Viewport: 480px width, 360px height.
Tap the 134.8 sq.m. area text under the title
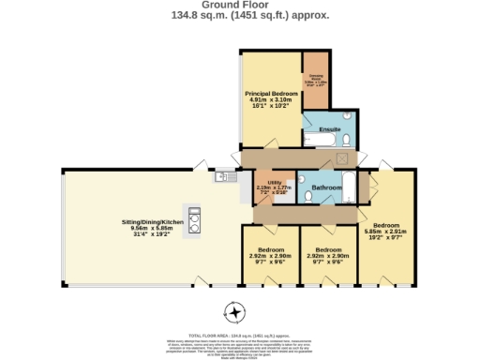(x=198, y=15)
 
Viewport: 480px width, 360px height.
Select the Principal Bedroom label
(x=271, y=95)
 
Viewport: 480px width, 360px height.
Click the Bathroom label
(x=326, y=187)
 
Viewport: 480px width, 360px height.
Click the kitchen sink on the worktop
(x=223, y=176)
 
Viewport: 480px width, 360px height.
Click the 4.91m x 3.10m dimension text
(x=271, y=101)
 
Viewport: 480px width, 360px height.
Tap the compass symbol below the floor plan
(x=234, y=311)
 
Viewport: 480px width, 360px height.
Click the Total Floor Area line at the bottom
(x=239, y=335)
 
